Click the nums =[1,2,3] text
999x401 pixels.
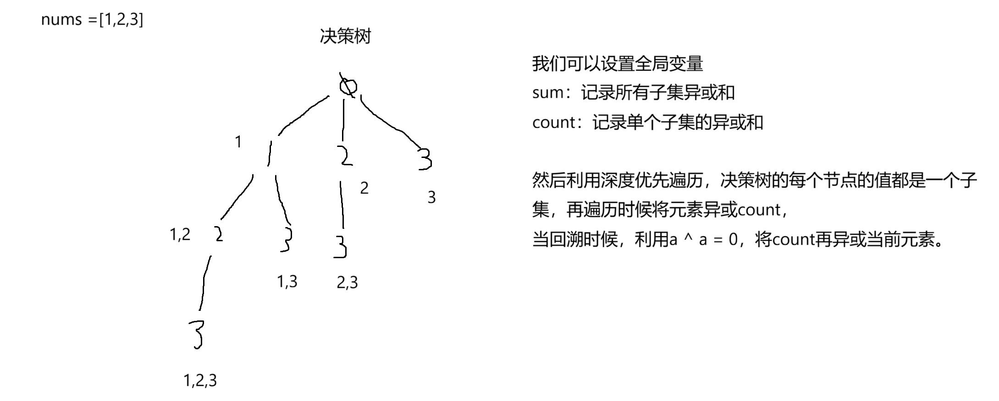click(x=92, y=19)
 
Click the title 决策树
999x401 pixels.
click(x=345, y=36)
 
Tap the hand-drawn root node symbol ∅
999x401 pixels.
click(x=348, y=86)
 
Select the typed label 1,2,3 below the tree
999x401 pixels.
click(x=200, y=380)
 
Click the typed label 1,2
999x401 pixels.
click(x=180, y=234)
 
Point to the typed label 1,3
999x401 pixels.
click(x=287, y=281)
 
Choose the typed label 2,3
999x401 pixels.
click(x=347, y=282)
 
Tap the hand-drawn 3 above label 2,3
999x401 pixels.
click(x=340, y=247)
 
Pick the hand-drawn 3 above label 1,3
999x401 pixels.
click(x=287, y=239)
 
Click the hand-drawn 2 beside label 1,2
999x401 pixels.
click(x=219, y=234)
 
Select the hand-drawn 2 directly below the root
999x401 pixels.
click(x=345, y=156)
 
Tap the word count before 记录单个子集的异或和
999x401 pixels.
click(x=553, y=123)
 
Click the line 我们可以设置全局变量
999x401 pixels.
click(x=617, y=64)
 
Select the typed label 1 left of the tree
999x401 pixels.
click(x=238, y=142)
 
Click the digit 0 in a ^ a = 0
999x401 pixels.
click(x=733, y=239)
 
